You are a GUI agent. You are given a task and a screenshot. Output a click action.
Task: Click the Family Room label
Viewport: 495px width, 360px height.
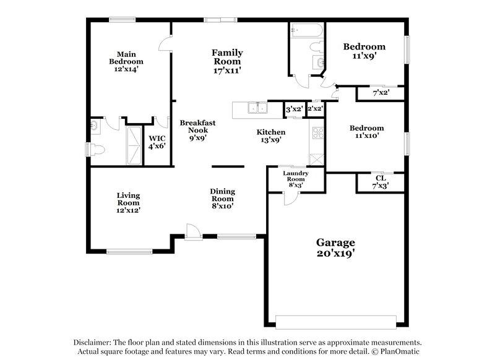pos(226,61)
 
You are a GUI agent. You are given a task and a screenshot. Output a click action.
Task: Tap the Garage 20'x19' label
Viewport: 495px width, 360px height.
pos(337,248)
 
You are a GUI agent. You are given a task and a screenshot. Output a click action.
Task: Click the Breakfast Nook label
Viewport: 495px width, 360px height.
pos(198,131)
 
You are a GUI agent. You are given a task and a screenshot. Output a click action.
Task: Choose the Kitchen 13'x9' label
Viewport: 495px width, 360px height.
pos(271,136)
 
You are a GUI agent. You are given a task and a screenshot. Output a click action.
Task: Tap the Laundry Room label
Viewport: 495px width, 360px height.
pos(295,177)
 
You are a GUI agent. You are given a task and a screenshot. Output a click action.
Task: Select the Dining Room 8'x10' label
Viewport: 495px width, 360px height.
pos(222,199)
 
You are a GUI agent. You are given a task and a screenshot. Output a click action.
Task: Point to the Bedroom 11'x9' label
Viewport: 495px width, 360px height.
pos(364,51)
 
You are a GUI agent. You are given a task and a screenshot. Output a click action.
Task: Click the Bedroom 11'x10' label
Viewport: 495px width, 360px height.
pos(367,132)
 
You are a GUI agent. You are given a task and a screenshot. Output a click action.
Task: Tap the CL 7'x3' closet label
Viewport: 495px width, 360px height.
pos(380,181)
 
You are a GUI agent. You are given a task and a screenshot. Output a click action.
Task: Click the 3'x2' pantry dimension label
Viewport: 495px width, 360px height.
pos(294,109)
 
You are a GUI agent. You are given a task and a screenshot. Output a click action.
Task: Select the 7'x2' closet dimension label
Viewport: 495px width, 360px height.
pos(380,93)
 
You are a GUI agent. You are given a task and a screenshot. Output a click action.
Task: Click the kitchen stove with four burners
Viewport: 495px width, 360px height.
pos(317,132)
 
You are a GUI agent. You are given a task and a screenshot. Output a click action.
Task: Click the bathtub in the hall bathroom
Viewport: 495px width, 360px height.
pos(306,30)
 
